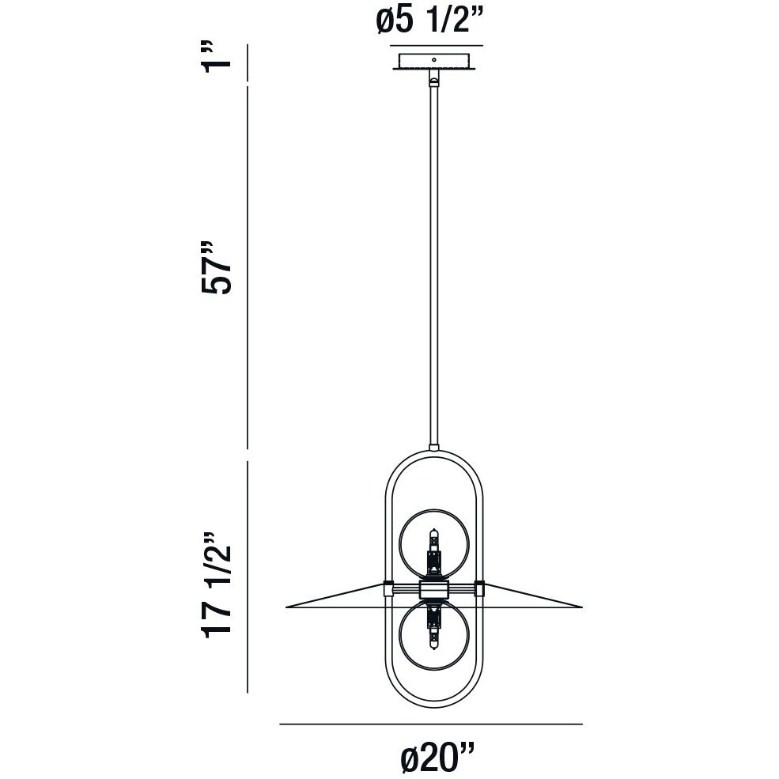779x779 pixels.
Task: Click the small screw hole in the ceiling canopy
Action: tap(433, 59)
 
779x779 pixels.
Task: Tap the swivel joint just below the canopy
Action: tap(433, 79)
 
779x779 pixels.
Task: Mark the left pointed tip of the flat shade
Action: tap(288, 607)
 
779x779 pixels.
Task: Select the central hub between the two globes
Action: tap(433, 589)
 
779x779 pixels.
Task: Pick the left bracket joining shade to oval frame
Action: tap(388, 588)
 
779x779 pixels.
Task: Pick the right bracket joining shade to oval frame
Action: tap(478, 588)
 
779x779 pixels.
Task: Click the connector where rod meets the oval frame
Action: tap(433, 448)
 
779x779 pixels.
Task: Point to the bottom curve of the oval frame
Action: tap(433, 705)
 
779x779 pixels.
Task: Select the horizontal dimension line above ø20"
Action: tap(431, 724)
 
